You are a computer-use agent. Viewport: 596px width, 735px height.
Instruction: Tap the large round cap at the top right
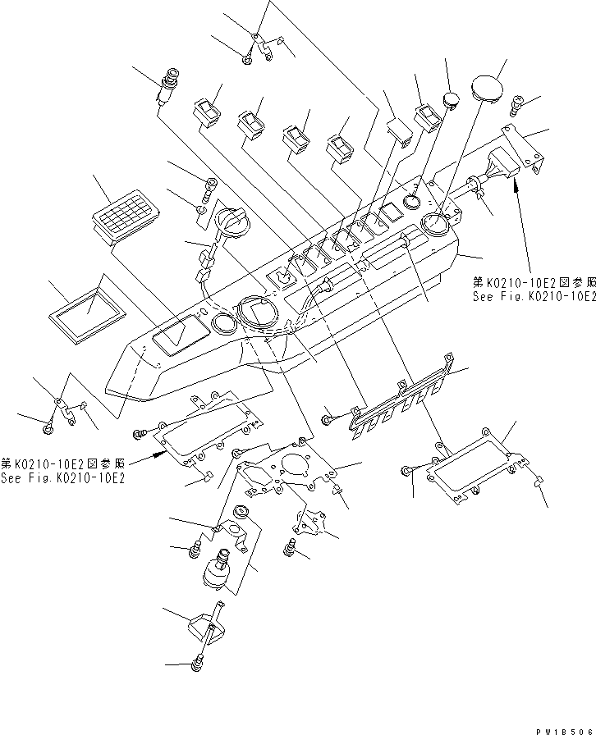(487, 88)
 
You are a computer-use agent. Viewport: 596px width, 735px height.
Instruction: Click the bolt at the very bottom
(198, 665)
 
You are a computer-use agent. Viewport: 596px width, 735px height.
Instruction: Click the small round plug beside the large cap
(451, 100)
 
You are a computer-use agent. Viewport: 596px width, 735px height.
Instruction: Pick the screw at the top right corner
(516, 103)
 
